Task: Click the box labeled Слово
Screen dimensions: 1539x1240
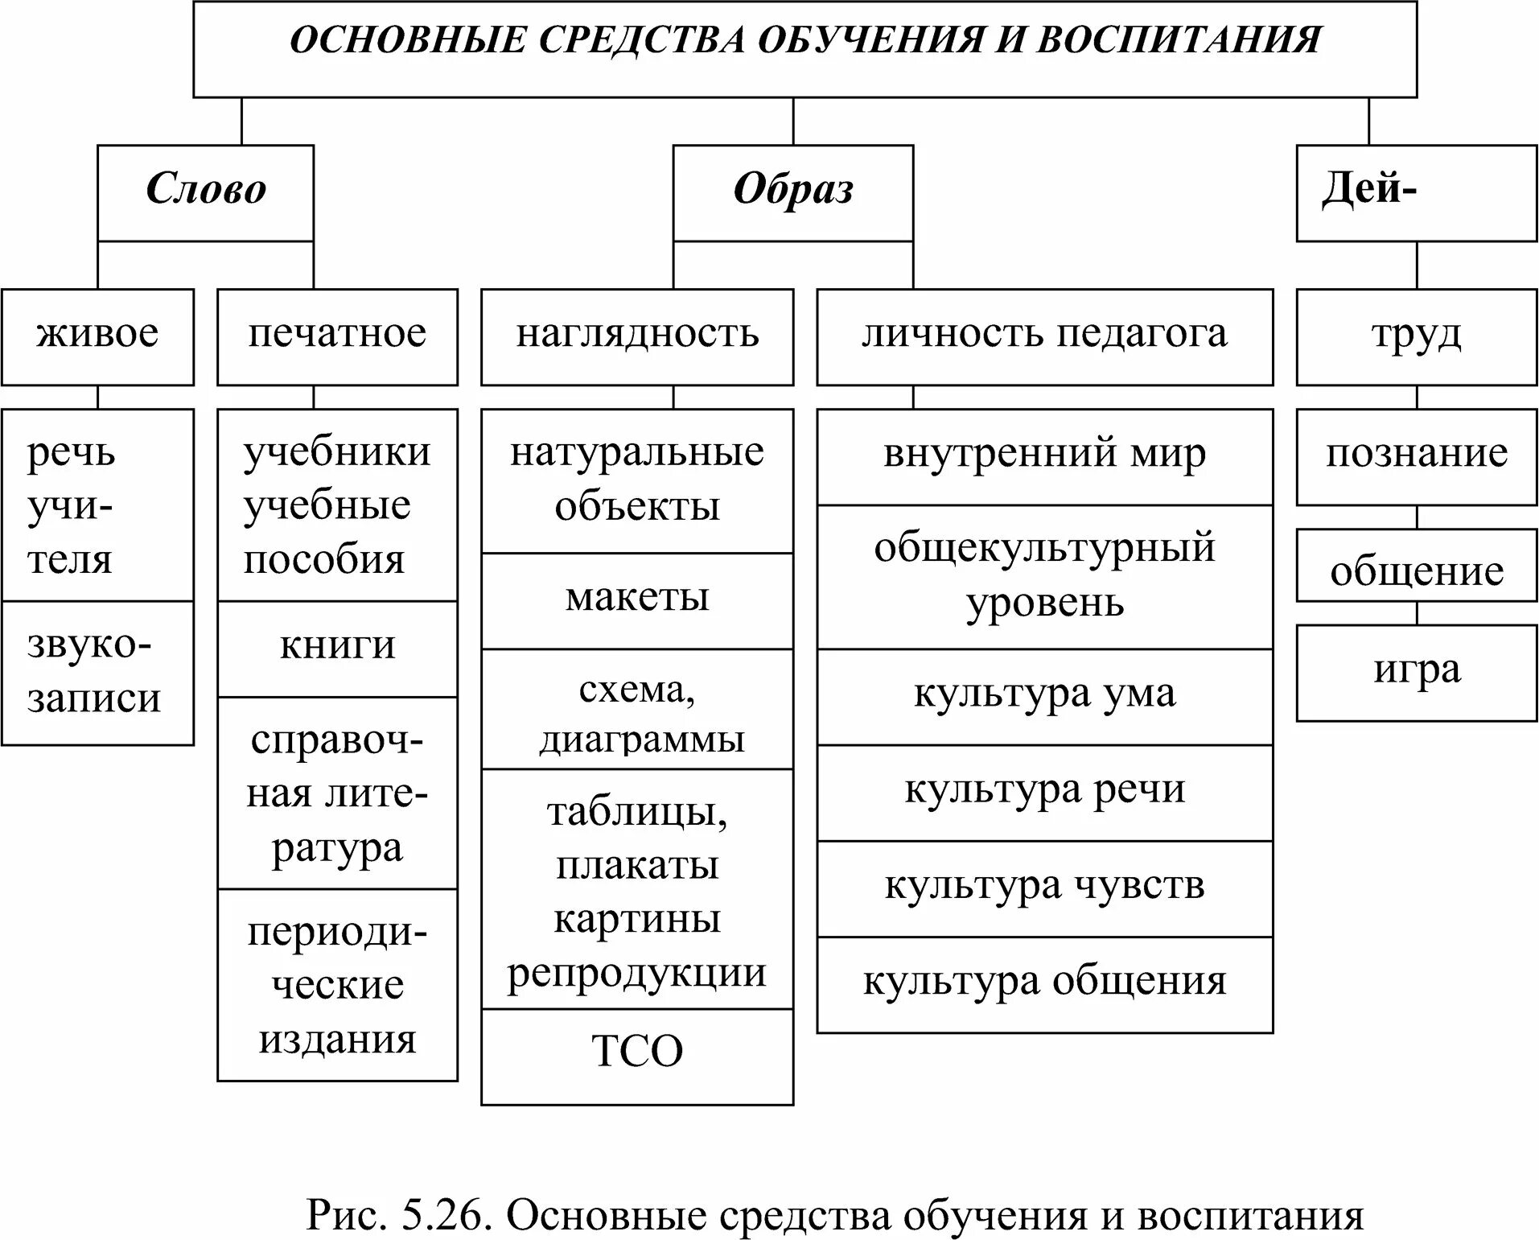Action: pos(205,192)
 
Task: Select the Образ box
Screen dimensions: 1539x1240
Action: pos(792,192)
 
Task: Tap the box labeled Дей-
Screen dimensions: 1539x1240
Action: pos(1416,192)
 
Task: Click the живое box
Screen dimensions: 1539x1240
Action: pos(97,336)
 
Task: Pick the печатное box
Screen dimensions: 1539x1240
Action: pos(337,336)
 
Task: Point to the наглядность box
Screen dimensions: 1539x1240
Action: pos(636,336)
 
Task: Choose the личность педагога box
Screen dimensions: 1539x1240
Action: pos(1044,336)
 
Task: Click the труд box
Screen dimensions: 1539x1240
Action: pos(1416,336)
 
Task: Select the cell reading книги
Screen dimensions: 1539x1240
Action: pos(337,648)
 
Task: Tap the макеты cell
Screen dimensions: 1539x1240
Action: pos(636,600)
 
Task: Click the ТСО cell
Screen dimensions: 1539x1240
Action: pos(636,1055)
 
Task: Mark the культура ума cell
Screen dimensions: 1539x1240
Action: pos(1044,696)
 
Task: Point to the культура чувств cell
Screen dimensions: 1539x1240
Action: pos(1044,888)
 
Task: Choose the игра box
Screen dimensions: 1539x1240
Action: pos(1416,672)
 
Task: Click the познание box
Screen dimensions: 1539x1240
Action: pos(1416,456)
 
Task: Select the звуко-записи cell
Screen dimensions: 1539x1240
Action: pos(97,672)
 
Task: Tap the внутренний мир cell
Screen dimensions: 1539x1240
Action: pos(1044,456)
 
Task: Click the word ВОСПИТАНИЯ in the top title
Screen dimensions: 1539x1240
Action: pos(1179,40)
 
